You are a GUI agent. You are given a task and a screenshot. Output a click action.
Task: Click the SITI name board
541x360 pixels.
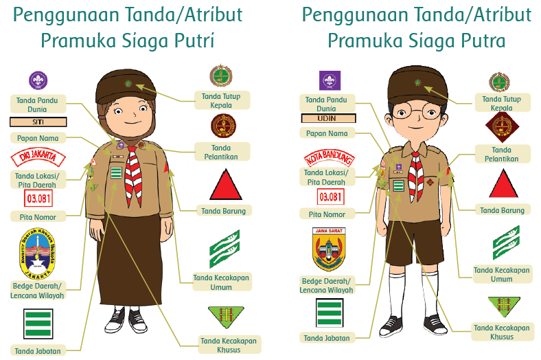click(x=38, y=122)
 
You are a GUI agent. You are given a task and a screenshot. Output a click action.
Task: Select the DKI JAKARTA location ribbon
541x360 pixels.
click(x=38, y=158)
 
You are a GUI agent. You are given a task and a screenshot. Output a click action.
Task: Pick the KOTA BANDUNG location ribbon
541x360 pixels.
click(x=329, y=159)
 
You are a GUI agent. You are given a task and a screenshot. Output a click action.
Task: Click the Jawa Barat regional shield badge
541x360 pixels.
click(x=329, y=250)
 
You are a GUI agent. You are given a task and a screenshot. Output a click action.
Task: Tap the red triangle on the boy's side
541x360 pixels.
click(x=503, y=183)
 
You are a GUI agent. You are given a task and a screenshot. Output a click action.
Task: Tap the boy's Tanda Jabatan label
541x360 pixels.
click(x=327, y=337)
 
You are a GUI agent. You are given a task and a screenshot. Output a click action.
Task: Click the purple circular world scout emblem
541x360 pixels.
click(x=38, y=80)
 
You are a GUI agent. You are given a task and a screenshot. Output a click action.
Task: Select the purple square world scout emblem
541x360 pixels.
click(x=330, y=80)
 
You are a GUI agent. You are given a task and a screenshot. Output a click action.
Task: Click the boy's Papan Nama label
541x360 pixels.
click(x=327, y=133)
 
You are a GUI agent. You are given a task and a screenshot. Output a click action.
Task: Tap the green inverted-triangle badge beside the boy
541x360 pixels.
click(x=502, y=306)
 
